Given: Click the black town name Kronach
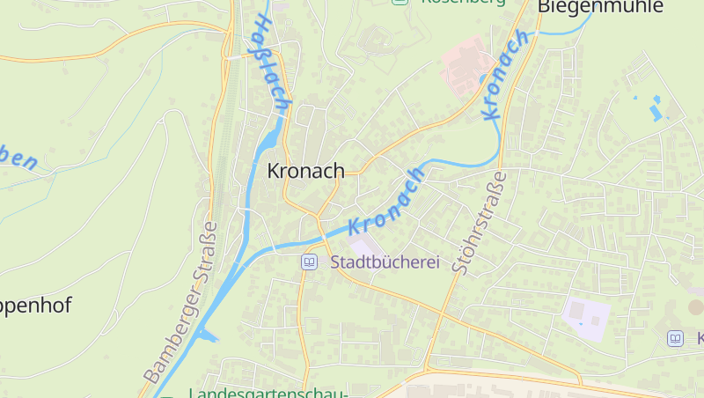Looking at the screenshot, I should pos(305,170).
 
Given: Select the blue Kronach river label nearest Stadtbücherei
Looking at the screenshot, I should pos(387,201).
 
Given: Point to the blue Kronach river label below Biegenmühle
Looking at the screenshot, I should pos(506,76).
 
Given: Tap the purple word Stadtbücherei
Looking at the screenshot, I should pos(385,262).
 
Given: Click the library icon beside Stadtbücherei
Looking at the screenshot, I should pos(309,262).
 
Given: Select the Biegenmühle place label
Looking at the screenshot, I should pos(588,7).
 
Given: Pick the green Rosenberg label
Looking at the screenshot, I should pos(463,3).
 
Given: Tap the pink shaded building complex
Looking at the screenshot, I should pos(466,65).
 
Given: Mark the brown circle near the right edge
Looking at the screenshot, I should pos(695,307).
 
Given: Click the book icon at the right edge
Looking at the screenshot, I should pos(675,338).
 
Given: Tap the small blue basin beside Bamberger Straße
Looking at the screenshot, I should pos(206,334).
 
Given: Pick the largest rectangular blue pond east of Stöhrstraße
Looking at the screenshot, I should pos(655,112).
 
